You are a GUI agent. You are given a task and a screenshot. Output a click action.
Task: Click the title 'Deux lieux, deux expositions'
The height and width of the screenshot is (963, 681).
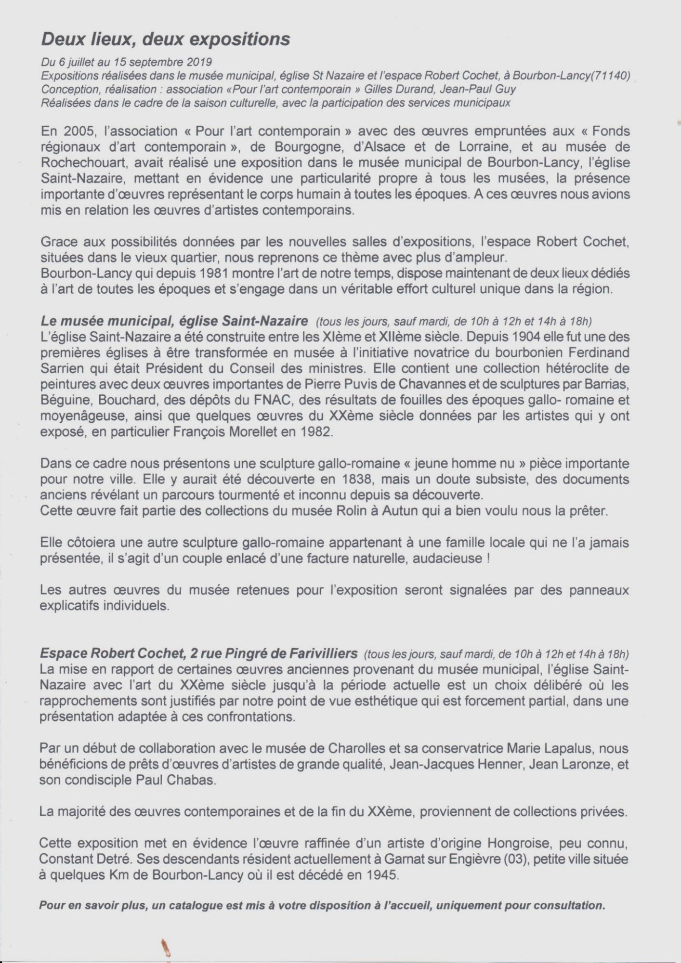pos(166,39)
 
